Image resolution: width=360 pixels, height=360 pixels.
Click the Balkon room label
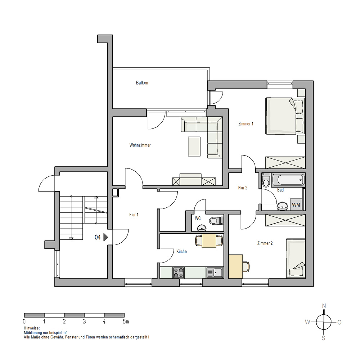click(142, 83)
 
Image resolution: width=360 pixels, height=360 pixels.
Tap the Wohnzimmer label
click(140, 145)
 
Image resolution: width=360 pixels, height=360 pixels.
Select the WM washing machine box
click(296, 204)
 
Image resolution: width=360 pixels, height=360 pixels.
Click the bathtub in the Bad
click(288, 180)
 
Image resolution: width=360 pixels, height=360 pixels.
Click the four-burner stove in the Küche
click(179, 273)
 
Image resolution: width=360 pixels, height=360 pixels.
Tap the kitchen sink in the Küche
click(215, 273)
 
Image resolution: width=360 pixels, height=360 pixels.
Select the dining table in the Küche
click(209, 241)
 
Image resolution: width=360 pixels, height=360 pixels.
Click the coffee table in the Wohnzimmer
click(194, 147)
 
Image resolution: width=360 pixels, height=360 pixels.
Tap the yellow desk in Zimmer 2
click(236, 266)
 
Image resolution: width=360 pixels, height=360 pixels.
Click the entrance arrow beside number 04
click(105, 237)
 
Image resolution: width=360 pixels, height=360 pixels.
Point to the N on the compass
click(324, 306)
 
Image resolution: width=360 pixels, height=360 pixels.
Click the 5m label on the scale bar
click(126, 321)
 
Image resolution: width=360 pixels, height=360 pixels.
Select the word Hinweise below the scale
click(32, 328)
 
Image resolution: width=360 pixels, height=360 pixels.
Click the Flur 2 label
click(243, 188)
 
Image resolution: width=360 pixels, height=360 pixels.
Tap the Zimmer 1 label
click(246, 124)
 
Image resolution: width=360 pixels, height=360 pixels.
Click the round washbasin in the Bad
click(282, 206)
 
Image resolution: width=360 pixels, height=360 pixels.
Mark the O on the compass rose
click(339, 322)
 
